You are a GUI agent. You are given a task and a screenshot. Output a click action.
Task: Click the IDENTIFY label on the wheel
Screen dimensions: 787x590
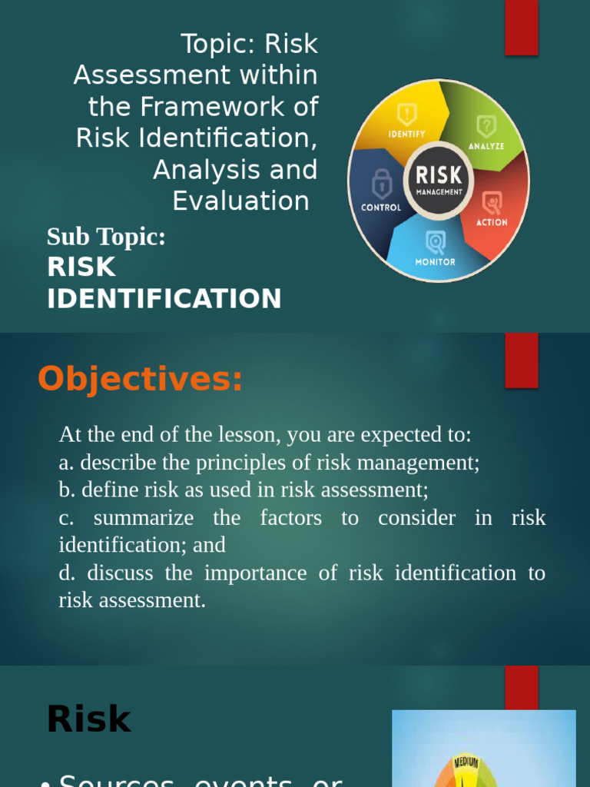(x=406, y=133)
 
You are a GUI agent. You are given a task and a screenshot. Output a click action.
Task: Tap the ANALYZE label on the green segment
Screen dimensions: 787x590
(x=486, y=145)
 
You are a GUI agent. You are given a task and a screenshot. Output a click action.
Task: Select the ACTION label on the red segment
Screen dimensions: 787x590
(x=492, y=222)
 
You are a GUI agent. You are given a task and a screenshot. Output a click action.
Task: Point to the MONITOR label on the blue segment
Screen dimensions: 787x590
(x=436, y=262)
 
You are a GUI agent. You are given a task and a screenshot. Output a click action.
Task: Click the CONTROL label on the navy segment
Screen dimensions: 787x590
(x=381, y=208)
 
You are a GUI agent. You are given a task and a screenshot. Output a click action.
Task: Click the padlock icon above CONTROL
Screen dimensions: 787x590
(x=381, y=184)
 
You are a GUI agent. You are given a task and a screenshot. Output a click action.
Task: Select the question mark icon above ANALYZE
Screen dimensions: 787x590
(x=486, y=125)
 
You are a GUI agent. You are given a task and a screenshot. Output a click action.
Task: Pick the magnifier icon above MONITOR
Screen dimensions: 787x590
(x=436, y=243)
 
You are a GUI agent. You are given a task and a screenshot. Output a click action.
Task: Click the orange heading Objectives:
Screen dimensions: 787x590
(x=141, y=379)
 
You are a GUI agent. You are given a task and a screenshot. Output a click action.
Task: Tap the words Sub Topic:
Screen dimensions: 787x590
(x=106, y=237)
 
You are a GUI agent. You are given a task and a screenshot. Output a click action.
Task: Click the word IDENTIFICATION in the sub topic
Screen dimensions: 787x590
(x=164, y=299)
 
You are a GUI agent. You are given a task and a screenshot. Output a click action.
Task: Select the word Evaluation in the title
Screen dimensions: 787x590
(x=240, y=201)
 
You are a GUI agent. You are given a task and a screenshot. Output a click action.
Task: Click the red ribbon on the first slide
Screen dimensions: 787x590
(x=522, y=28)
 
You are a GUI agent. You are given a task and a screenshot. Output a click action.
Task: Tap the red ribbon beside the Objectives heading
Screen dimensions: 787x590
(x=522, y=360)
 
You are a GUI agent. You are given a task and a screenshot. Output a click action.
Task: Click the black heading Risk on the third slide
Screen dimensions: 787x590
(x=88, y=720)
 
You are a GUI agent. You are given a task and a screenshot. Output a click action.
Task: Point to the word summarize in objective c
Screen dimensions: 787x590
(x=144, y=518)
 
